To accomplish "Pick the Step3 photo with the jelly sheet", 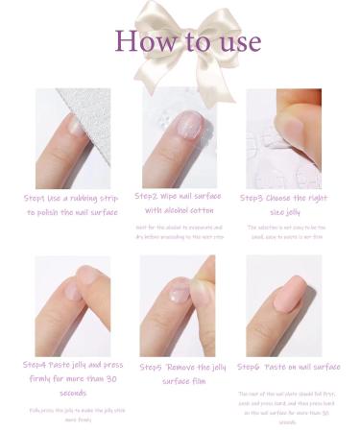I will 283,139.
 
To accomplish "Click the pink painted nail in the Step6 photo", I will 285,298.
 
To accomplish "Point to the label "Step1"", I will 40,198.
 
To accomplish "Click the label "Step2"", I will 152,196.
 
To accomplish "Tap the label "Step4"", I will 39,365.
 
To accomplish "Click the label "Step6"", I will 252,367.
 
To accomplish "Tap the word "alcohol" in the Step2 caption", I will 182,209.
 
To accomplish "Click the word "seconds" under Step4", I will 73,392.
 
